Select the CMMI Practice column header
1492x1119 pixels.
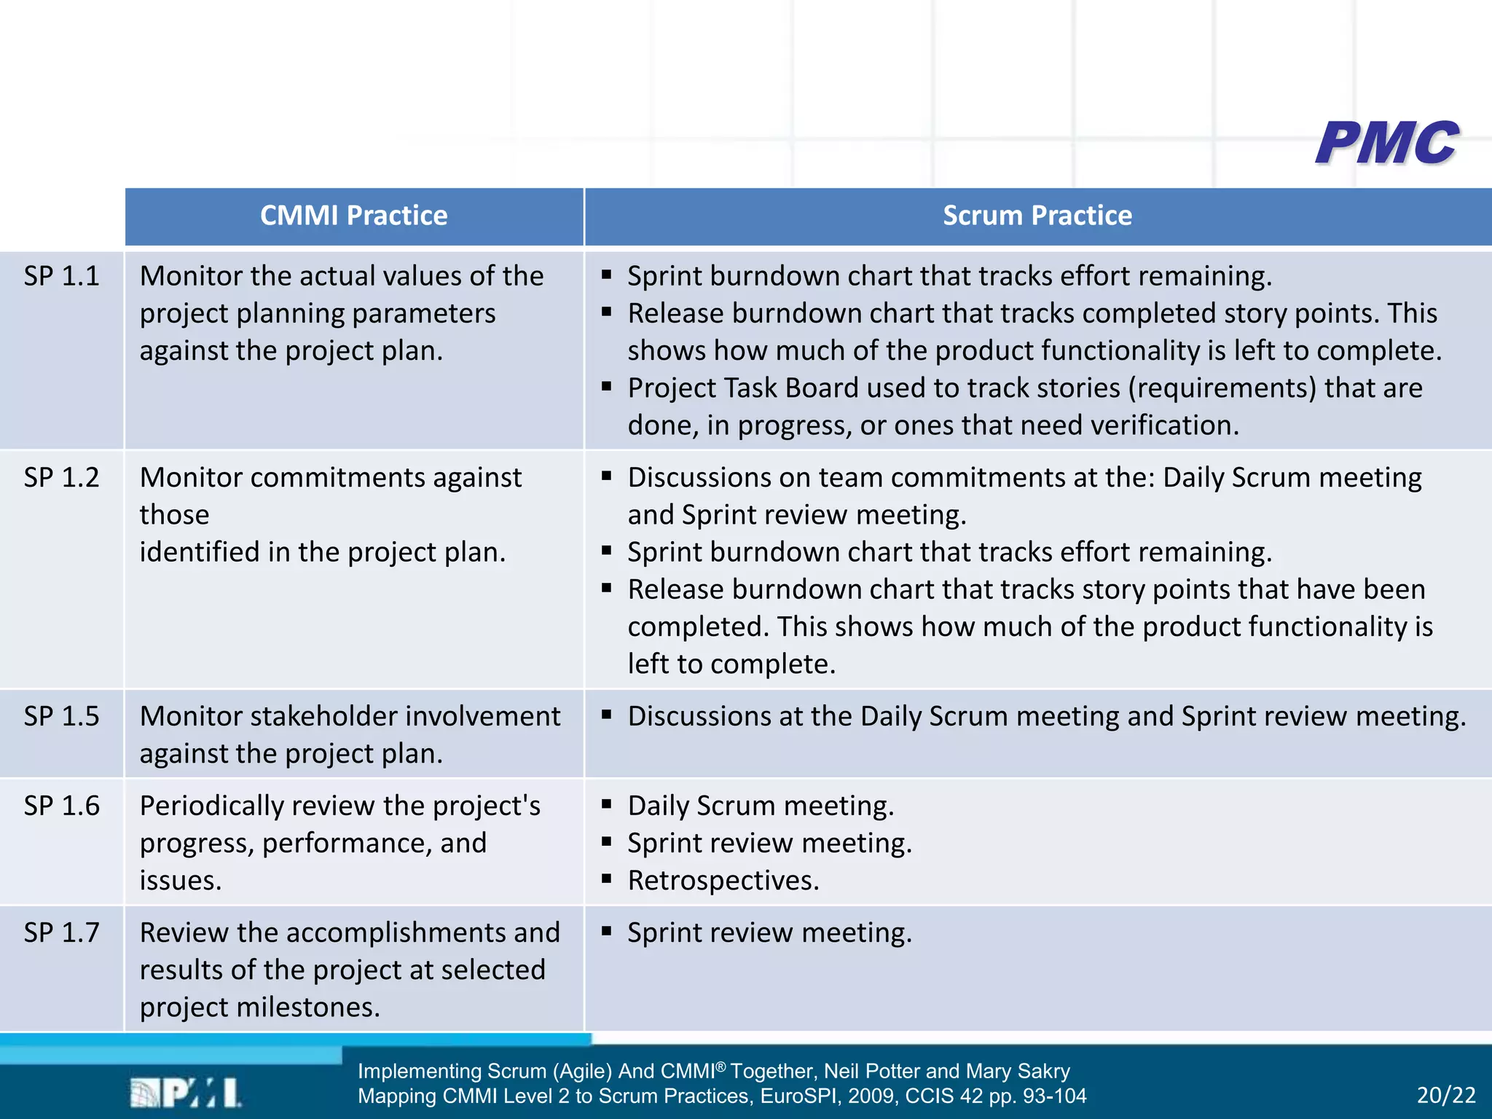[x=353, y=216]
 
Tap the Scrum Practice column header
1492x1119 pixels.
[x=1037, y=216]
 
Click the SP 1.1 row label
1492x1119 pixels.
[x=61, y=276]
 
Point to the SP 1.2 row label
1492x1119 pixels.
[x=61, y=478]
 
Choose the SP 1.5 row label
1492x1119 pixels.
[x=61, y=716]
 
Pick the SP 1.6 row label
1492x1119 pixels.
[x=61, y=806]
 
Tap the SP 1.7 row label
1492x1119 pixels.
[x=61, y=932]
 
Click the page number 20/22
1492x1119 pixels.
[x=1446, y=1095]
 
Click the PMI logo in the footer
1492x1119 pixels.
[x=185, y=1093]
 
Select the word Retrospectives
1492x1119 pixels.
[x=723, y=881]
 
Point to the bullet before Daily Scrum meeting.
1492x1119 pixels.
[x=606, y=804]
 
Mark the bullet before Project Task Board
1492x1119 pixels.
[x=606, y=386]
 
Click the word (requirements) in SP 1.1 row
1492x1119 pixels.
[x=1222, y=388]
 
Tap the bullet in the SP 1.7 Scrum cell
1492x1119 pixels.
[x=606, y=931]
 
